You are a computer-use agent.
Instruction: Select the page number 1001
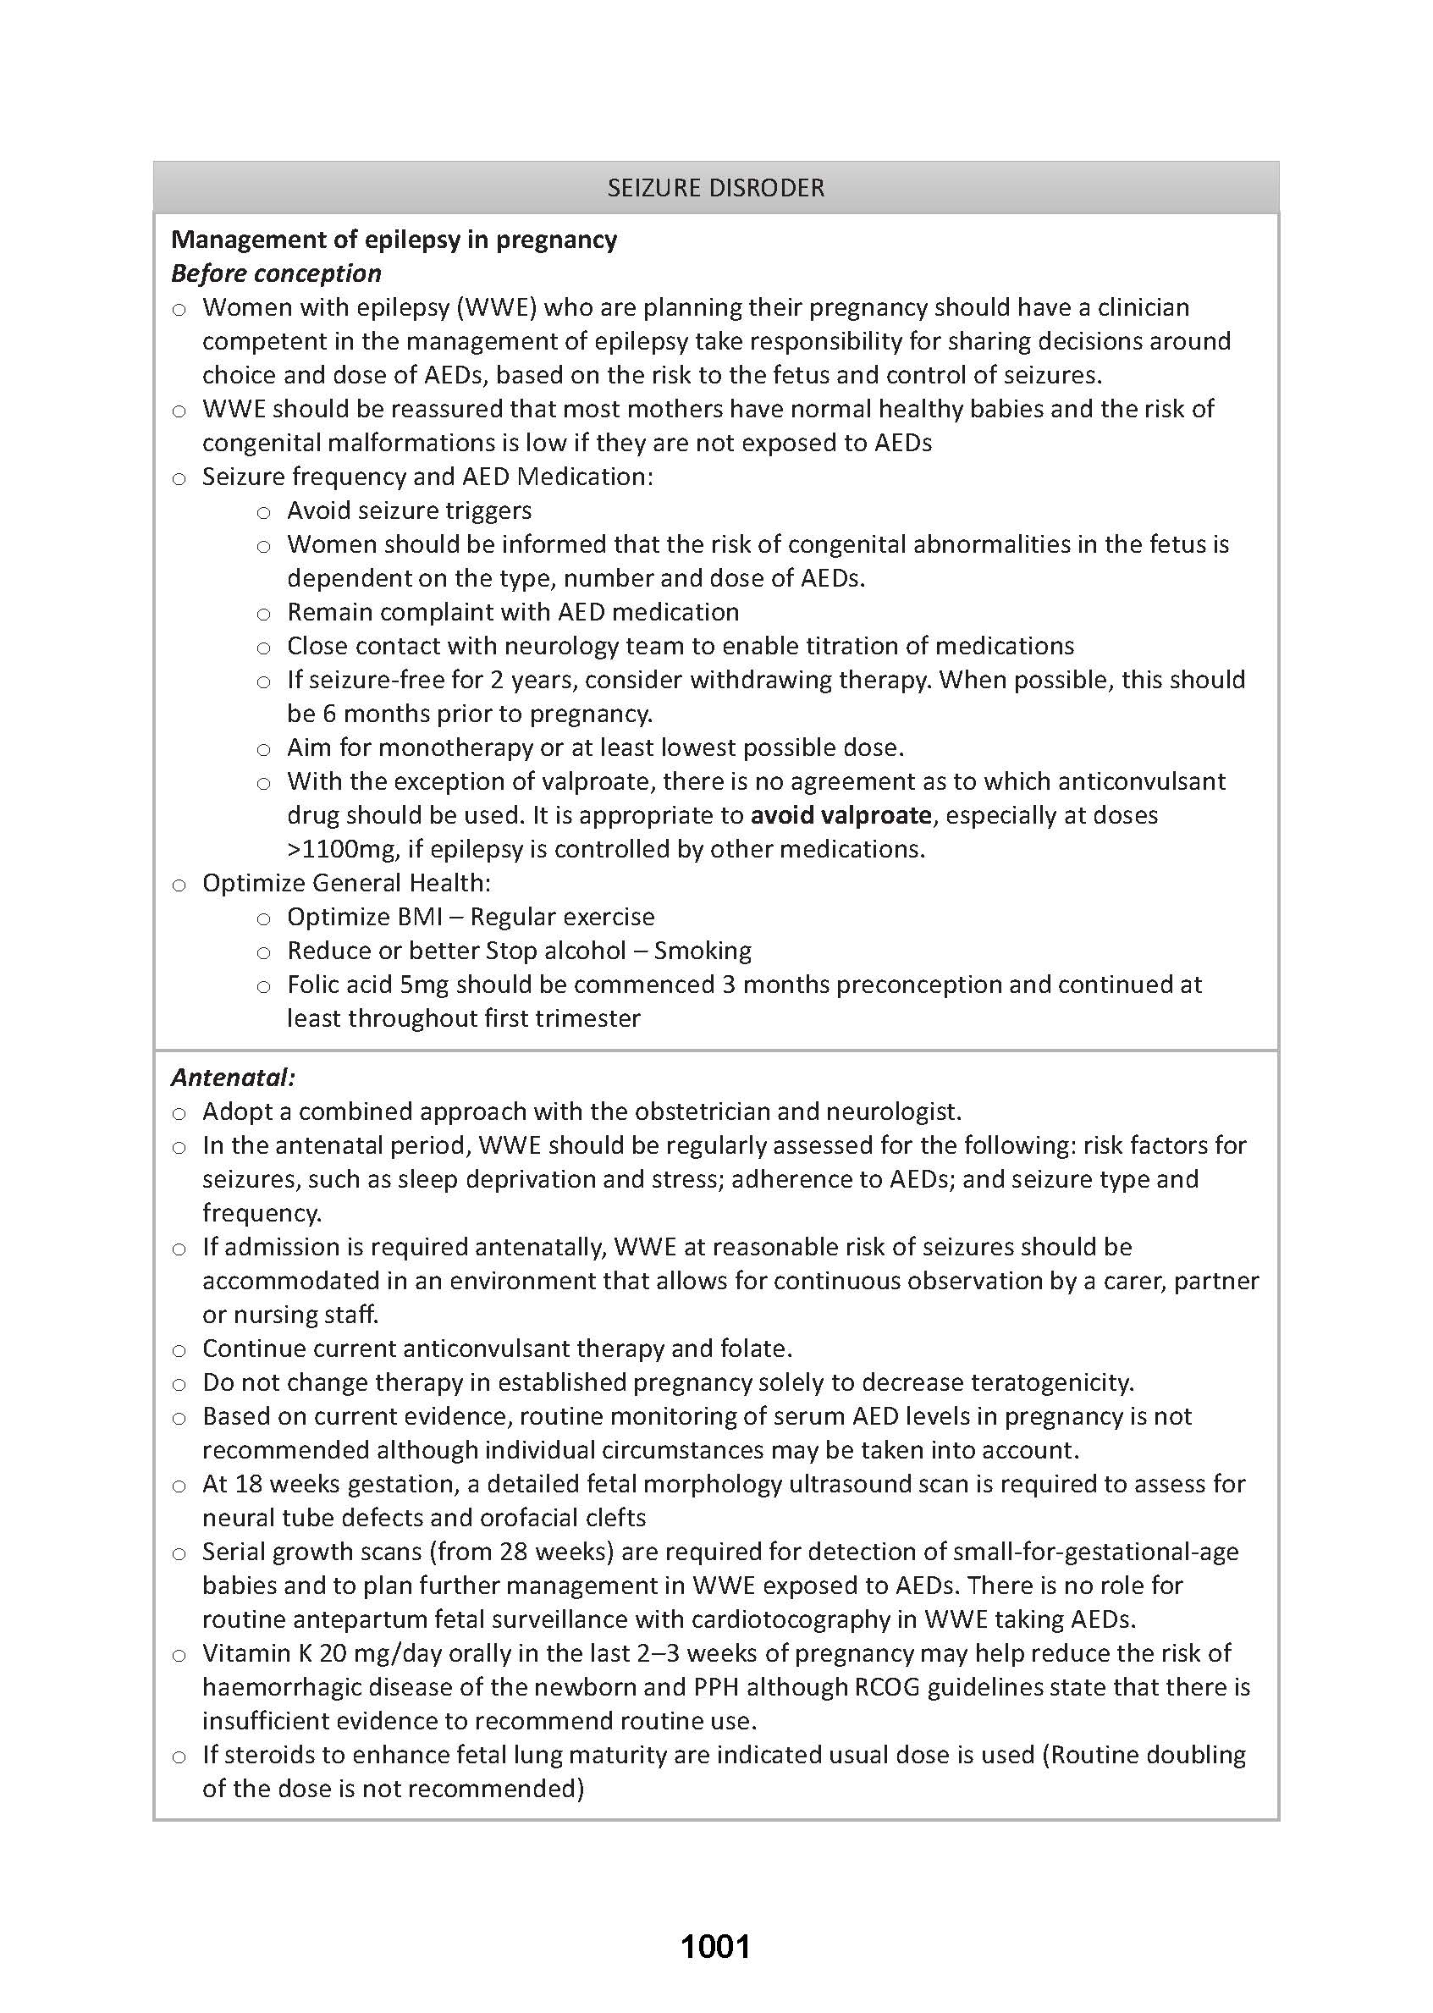click(715, 1946)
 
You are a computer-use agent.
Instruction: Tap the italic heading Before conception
click(276, 273)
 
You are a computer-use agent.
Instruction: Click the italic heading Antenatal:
click(233, 1078)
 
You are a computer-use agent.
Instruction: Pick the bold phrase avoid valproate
click(841, 814)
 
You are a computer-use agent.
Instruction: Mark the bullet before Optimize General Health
click(179, 885)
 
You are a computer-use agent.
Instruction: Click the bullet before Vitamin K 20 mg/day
click(179, 1655)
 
